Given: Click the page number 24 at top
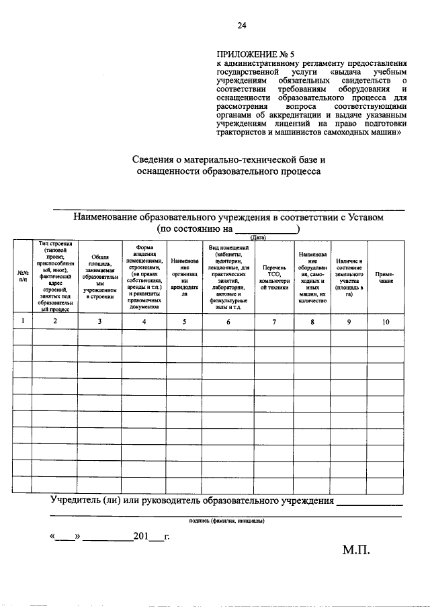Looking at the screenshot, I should tap(242, 26).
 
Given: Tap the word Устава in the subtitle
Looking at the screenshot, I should tap(368, 218).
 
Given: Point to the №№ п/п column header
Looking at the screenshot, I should tap(23, 275).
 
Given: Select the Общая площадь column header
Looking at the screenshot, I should tap(99, 275).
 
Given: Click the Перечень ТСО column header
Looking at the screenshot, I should tap(273, 275).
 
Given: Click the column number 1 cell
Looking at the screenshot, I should tap(23, 322).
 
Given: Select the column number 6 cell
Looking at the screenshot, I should tap(228, 322).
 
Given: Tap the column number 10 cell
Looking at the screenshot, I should tap(385, 322).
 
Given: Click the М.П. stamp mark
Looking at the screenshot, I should tap(356, 550).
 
